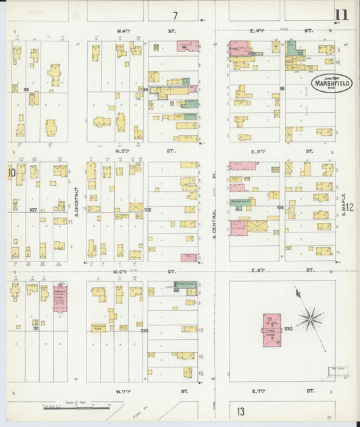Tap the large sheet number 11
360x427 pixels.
tap(341, 15)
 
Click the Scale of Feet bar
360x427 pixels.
tap(76, 407)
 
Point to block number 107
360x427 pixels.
tap(32, 210)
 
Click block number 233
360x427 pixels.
tap(144, 330)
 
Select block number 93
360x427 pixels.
tap(26, 90)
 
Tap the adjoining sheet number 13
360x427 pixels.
tap(241, 411)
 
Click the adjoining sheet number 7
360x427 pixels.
tap(175, 16)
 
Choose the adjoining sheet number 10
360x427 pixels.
tap(11, 172)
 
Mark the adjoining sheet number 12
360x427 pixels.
tap(351, 209)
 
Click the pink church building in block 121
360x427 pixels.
tap(60, 298)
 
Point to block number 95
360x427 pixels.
tap(282, 89)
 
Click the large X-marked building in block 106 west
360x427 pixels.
tap(136, 208)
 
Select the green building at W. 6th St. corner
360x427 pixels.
tap(184, 286)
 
